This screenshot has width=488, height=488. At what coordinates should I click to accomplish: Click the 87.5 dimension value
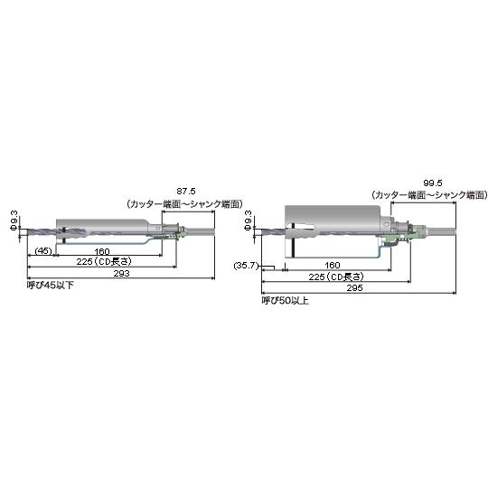click(186, 191)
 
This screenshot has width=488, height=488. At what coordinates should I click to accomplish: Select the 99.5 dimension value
click(433, 183)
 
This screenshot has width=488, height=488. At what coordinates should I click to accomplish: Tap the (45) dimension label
click(43, 250)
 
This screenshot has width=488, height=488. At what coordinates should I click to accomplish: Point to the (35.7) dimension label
click(246, 266)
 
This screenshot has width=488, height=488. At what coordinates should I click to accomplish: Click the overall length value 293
click(121, 273)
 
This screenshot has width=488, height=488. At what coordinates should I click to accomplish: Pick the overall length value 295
click(355, 288)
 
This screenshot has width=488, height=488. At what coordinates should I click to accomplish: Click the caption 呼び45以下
click(51, 285)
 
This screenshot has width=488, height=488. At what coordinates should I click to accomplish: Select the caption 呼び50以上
click(285, 301)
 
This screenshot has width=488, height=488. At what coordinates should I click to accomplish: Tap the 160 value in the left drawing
click(102, 251)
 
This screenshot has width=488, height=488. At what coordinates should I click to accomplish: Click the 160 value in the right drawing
click(332, 265)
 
